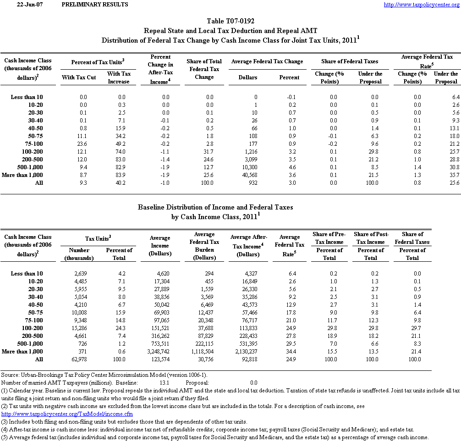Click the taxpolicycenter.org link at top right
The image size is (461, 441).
click(x=421, y=5)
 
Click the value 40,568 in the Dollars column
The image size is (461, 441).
click(x=248, y=175)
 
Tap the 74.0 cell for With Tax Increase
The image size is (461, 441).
click(x=119, y=152)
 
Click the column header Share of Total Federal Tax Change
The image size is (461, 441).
click(x=204, y=69)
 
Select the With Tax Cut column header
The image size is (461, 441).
click(x=79, y=77)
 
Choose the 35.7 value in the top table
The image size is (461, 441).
click(x=453, y=175)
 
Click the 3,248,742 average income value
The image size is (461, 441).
click(x=160, y=352)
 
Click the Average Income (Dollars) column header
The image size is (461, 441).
click(x=160, y=246)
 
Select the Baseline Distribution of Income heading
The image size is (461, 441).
click(x=215, y=207)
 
